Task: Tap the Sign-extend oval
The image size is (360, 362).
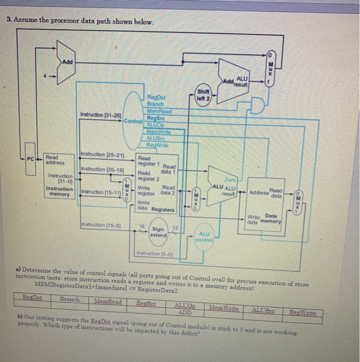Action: pyautogui.click(x=158, y=231)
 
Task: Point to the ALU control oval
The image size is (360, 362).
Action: pyautogui.click(x=204, y=237)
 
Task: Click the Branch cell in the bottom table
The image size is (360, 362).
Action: pyautogui.click(x=70, y=299)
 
